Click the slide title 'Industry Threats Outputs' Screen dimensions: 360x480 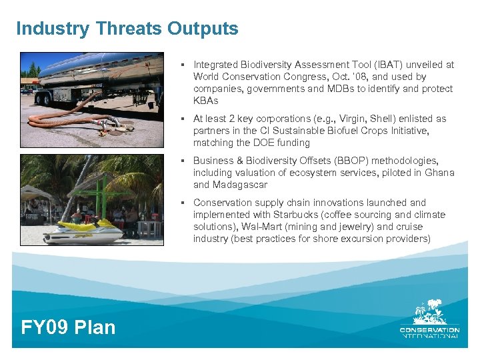[127, 29]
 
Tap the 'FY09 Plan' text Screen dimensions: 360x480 [68, 327]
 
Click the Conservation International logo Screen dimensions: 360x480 [429, 320]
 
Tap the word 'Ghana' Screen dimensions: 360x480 [441, 173]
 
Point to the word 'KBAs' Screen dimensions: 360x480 [205, 101]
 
